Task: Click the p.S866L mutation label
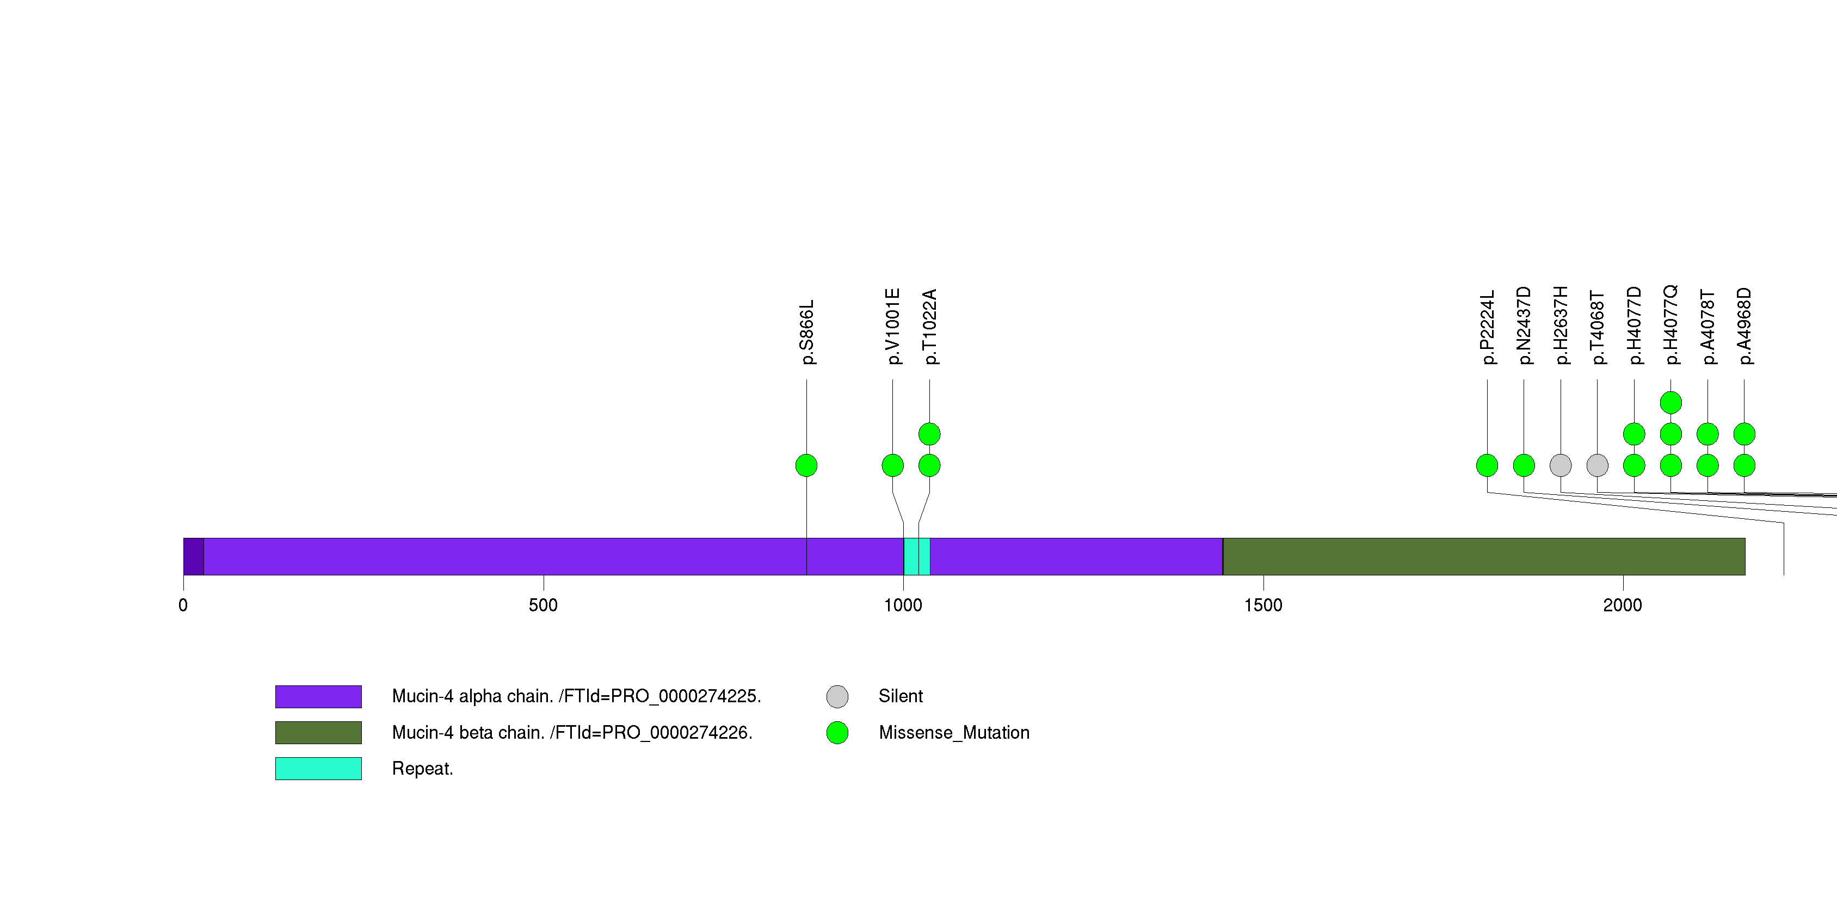click(x=806, y=332)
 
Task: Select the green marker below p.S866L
click(x=806, y=465)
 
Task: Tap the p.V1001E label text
click(x=893, y=327)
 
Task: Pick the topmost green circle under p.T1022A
click(x=929, y=434)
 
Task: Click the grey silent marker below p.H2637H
click(x=1561, y=465)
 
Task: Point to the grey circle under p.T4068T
click(x=1598, y=465)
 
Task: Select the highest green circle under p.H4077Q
click(x=1671, y=403)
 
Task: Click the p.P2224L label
click(x=1488, y=327)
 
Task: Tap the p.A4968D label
click(x=1744, y=326)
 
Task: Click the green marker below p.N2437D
click(x=1524, y=465)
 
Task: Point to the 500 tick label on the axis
click(x=544, y=605)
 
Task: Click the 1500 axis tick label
click(x=1263, y=605)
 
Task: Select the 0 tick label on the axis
click(x=183, y=605)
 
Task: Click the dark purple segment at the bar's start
click(x=193, y=556)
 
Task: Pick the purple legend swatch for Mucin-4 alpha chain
click(x=318, y=697)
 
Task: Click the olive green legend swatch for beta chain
click(x=318, y=732)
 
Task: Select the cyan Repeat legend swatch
click(x=318, y=769)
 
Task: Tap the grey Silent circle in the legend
click(x=837, y=697)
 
